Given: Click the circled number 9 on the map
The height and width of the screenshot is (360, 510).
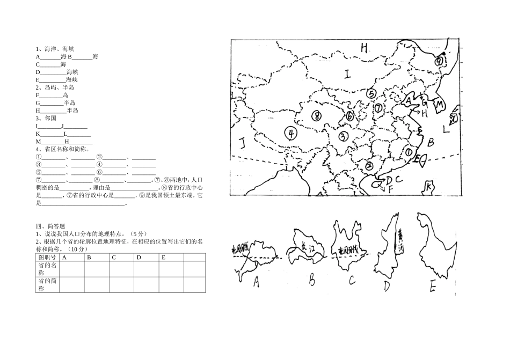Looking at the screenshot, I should pos(440,61).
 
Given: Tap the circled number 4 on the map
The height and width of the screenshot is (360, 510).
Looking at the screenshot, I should pos(290,133).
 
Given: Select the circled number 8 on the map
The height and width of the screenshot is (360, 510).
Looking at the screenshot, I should pos(317,115).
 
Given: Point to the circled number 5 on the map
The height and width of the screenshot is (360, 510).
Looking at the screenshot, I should pos(370,93).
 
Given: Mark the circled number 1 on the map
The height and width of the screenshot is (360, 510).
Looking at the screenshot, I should pos(410,152).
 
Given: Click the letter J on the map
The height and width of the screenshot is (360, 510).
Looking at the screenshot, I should pos(242,143).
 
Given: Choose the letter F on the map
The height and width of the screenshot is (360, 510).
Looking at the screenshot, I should pos(391,188).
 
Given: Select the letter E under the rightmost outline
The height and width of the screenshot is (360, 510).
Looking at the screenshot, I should pos(432,288).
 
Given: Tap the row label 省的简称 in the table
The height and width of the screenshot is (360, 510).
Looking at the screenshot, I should pos(47,285).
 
